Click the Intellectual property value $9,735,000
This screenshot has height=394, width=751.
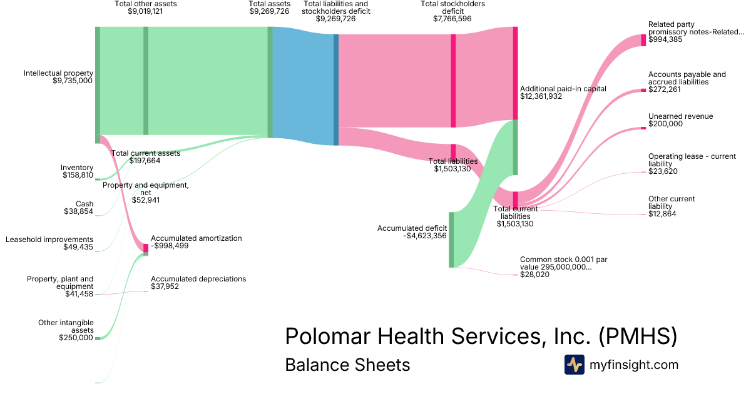(73, 81)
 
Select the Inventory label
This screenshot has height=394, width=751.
(77, 168)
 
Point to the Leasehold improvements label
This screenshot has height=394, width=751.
(49, 240)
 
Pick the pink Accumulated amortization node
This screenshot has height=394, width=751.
(146, 248)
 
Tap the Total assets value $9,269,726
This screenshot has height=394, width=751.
(268, 11)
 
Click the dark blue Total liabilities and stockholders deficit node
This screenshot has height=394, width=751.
(336, 89)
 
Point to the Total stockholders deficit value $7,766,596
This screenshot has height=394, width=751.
(452, 19)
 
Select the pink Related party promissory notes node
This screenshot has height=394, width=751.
(643, 40)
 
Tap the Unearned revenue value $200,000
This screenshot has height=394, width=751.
(665, 124)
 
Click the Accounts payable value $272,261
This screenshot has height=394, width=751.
(666, 89)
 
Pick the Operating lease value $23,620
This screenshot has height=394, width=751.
(663, 171)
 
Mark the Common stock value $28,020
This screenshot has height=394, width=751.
(534, 275)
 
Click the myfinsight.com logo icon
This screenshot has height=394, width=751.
(575, 365)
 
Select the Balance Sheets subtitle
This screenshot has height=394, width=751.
(347, 365)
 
